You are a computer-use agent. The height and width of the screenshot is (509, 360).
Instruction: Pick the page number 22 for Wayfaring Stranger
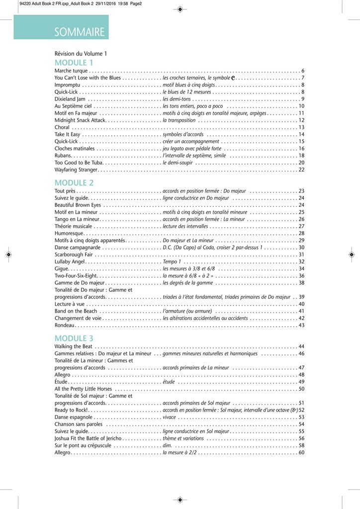click(x=301, y=170)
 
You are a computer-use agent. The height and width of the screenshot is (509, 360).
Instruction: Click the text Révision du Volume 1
click(x=81, y=53)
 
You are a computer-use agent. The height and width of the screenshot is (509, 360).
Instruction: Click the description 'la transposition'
click(x=179, y=120)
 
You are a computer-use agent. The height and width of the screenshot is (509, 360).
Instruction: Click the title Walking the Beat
click(x=73, y=346)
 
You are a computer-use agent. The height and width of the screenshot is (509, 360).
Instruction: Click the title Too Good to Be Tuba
click(x=79, y=163)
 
